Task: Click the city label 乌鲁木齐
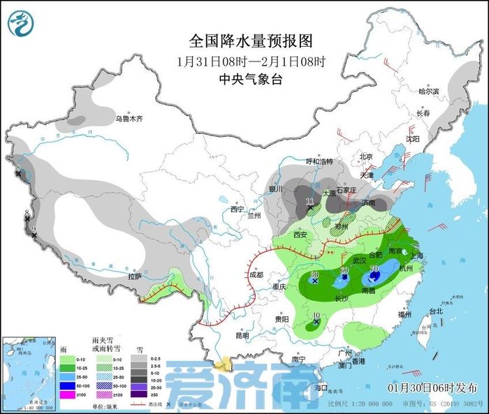(x=129, y=119)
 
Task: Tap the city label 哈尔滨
(x=428, y=91)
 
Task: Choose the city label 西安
(x=300, y=235)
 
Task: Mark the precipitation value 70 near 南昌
(x=374, y=269)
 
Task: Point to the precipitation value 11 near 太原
(x=310, y=201)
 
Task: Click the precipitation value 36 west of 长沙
(x=315, y=274)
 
